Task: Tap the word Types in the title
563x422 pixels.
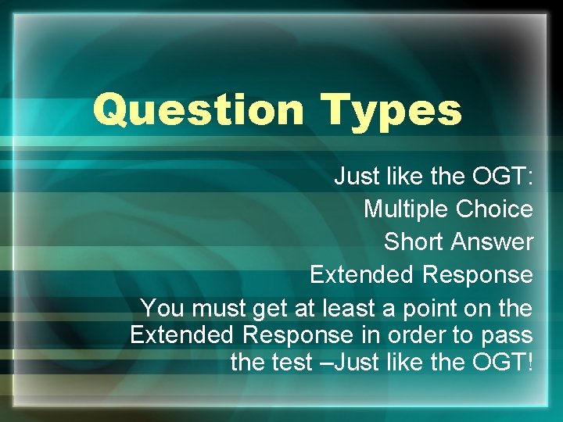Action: [x=392, y=109]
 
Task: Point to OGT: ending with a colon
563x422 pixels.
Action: [x=503, y=177]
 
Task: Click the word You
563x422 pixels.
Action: [x=160, y=307]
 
